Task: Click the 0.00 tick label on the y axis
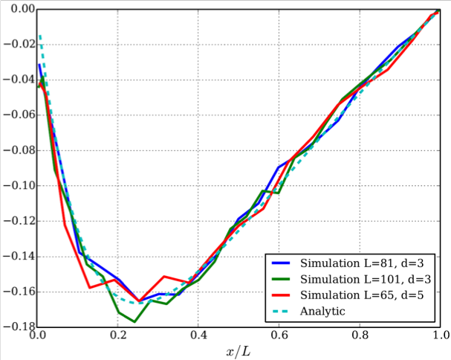point(18,9)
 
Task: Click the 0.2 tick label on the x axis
point(117,336)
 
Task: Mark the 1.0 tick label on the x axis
point(440,336)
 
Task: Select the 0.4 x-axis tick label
point(198,336)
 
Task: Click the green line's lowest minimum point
point(134,321)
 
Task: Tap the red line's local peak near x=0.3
point(165,277)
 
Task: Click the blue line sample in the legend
point(281,264)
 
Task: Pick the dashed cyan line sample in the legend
point(281,311)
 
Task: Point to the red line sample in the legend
point(281,295)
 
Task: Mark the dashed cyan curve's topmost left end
point(39,34)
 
